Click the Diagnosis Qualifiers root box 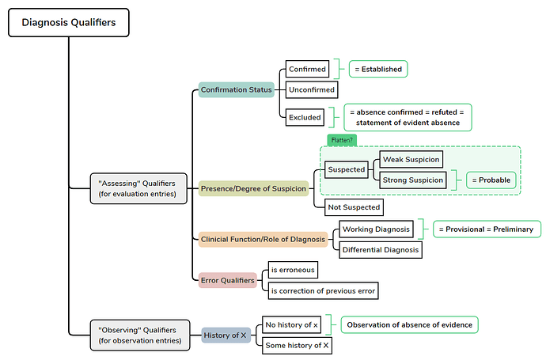point(68,23)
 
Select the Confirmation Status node point(236,89)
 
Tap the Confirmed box point(307,70)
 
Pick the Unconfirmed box point(312,90)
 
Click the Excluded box point(305,117)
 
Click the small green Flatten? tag point(341,140)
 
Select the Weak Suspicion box point(410,160)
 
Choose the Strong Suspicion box point(411,180)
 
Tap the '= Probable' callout point(491,180)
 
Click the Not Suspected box point(354,207)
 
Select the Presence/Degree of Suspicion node point(252,189)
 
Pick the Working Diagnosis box point(376,229)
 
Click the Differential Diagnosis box point(380,250)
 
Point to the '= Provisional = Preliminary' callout point(486,229)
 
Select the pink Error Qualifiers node point(227,279)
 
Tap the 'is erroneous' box point(293,270)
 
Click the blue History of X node point(226,335)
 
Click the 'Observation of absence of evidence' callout point(409,324)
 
